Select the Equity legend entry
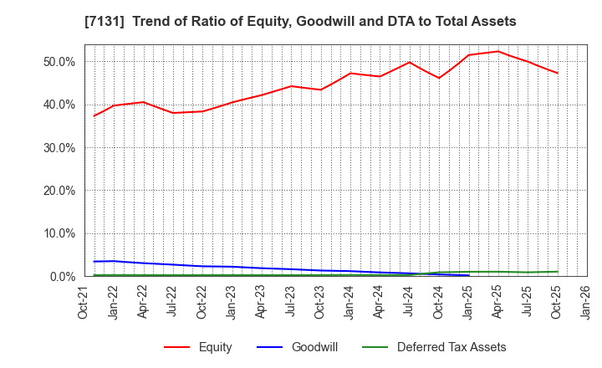point(197,347)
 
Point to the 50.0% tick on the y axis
point(58,62)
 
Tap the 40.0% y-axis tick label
point(58,105)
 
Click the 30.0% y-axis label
point(58,148)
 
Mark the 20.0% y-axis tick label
point(58,191)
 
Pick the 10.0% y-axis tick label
point(58,233)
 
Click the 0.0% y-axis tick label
point(61,276)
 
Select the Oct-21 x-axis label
point(84,302)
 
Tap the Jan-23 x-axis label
point(232,302)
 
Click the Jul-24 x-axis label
point(409,302)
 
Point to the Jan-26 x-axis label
point(586,302)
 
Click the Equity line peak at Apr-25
point(498,51)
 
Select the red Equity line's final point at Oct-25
point(558,73)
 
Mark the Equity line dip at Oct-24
point(439,78)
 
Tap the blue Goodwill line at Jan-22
point(114,261)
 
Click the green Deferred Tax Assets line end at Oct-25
point(558,271)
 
